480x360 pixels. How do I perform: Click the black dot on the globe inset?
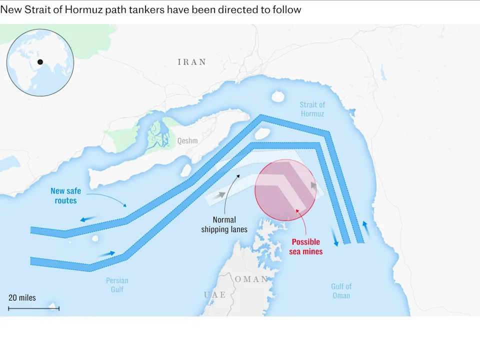tap(40, 62)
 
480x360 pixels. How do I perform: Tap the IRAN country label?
tap(191, 62)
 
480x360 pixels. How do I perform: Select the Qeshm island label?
tap(187, 141)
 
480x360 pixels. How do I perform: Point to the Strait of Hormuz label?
tap(312, 109)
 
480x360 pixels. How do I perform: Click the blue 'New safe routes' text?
tap(65, 195)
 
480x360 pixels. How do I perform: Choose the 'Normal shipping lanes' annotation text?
tap(224, 224)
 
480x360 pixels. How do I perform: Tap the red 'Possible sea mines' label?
tap(306, 246)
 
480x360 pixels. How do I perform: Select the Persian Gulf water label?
tap(117, 285)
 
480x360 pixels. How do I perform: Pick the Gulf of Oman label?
tap(341, 291)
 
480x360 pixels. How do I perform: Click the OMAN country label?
tap(251, 279)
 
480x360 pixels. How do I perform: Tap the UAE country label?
tap(214, 295)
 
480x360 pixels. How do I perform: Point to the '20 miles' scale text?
tap(22, 297)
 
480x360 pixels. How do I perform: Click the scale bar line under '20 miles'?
tap(34, 308)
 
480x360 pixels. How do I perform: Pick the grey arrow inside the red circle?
tap(313, 186)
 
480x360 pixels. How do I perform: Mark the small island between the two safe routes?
tap(262, 134)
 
